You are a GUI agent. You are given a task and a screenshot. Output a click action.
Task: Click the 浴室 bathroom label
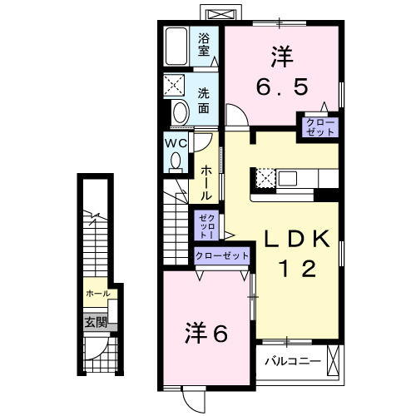[204, 42]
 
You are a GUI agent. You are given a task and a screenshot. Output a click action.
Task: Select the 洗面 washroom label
[204, 100]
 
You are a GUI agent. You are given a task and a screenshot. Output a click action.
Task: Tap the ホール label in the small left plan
[97, 294]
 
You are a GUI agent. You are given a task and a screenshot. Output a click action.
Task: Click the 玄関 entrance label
[94, 322]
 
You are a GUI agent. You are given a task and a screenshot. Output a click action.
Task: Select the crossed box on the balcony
[334, 361]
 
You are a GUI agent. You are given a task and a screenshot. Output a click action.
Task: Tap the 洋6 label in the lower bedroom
[206, 334]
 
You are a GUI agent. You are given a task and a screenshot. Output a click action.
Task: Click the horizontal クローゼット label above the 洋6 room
[220, 257]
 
